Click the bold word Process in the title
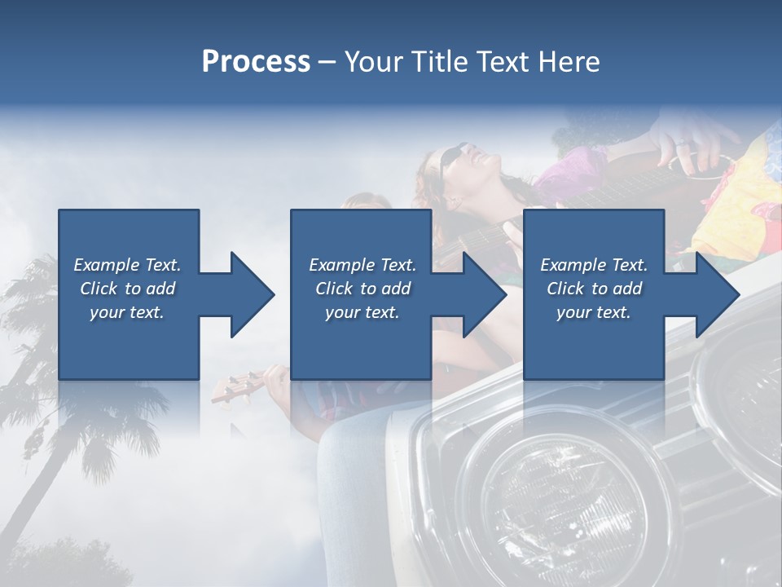click(x=256, y=62)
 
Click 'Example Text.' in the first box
click(x=127, y=265)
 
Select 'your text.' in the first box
click(x=127, y=312)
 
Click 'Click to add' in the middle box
click(x=362, y=289)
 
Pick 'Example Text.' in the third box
click(x=594, y=265)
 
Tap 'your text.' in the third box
click(x=594, y=312)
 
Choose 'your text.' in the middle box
click(x=362, y=312)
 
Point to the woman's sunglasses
click(x=453, y=161)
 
